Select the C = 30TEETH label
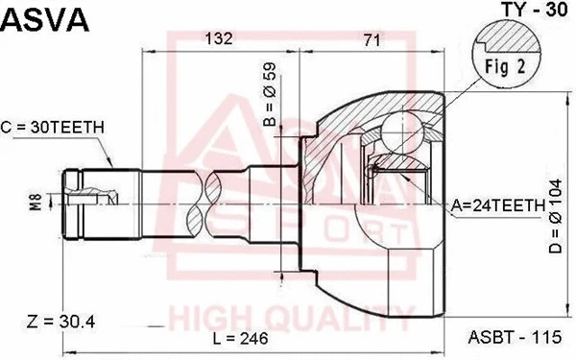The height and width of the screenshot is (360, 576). [x=53, y=126]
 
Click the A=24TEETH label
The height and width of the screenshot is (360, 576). [x=496, y=204]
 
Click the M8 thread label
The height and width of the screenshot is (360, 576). [x=35, y=204]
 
